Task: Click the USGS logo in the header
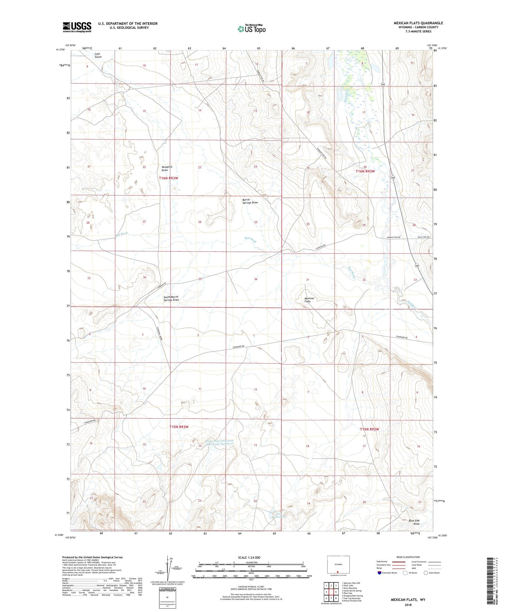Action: coord(77,27)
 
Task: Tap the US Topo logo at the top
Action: coord(251,29)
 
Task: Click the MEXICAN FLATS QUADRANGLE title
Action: coord(418,23)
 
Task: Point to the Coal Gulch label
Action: coord(98,55)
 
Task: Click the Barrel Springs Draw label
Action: coord(250,201)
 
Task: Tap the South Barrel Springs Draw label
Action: coord(171,298)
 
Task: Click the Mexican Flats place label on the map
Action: coord(309,300)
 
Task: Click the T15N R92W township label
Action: coord(369,429)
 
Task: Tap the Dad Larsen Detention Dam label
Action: coord(220,442)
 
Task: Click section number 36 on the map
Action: coord(256,279)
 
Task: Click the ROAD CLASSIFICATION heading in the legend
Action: coord(408,557)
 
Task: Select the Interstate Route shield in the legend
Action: coord(379,573)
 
